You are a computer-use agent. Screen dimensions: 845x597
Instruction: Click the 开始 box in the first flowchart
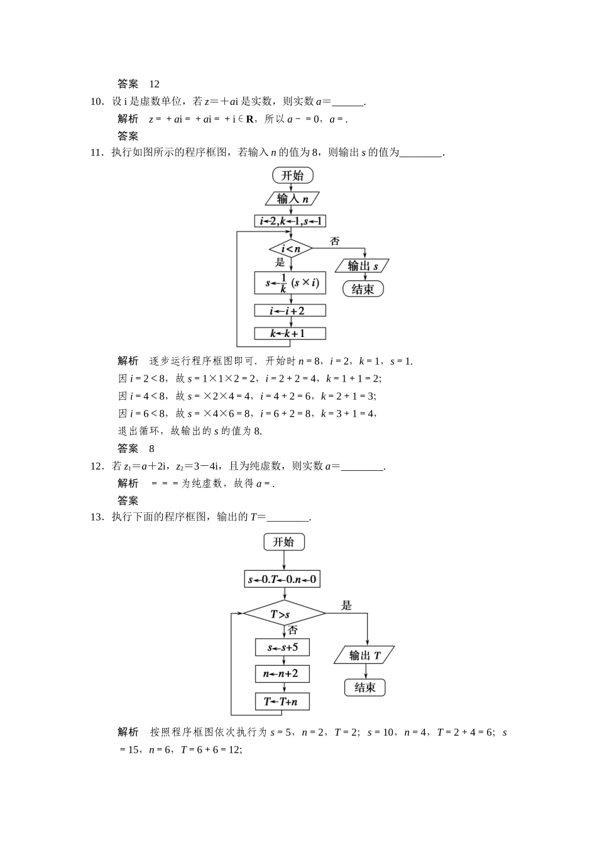(292, 175)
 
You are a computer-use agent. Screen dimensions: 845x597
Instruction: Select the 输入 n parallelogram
(292, 199)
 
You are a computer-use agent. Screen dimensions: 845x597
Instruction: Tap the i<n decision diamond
(290, 249)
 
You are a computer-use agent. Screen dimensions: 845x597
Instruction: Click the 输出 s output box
(363, 266)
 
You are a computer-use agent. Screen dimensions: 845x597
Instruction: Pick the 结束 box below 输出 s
(363, 289)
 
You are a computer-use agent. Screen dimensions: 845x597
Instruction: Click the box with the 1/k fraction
(290, 283)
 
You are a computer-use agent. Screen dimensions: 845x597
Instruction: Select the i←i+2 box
(290, 311)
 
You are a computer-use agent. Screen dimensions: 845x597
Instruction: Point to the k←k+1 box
(290, 333)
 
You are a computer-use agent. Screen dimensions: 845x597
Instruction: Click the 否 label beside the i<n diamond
(335, 241)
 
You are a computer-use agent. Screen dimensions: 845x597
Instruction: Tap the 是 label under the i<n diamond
(280, 262)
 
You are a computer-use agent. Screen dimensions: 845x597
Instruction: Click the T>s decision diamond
(283, 614)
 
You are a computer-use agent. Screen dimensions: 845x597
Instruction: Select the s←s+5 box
(282, 647)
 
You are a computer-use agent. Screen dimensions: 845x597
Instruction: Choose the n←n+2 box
(282, 674)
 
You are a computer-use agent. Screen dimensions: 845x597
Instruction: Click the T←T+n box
(282, 701)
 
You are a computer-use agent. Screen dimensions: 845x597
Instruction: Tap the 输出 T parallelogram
(364, 656)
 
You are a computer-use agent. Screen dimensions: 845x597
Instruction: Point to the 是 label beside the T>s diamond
(346, 605)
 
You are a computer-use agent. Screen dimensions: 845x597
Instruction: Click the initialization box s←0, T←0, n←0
(282, 579)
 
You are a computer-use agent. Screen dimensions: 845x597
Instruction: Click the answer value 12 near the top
(155, 84)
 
